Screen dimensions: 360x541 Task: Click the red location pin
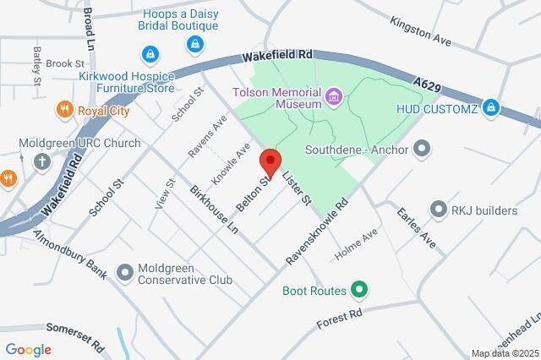click(x=270, y=161)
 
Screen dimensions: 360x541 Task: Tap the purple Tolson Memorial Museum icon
click(x=335, y=97)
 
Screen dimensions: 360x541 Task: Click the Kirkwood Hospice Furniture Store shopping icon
click(x=150, y=55)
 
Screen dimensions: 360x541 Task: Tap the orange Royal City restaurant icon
click(x=63, y=109)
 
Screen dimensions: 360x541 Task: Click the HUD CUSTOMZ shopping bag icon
click(x=491, y=108)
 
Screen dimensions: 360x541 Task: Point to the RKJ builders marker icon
click(x=438, y=208)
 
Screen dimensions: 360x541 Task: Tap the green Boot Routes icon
click(x=359, y=291)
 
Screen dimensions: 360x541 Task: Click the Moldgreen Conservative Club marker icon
click(x=125, y=272)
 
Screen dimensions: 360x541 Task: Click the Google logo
click(x=28, y=350)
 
